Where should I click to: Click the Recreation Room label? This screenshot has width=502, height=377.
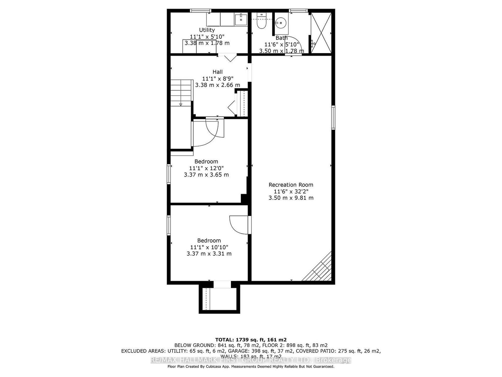291,185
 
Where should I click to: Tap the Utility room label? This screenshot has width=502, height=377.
207,30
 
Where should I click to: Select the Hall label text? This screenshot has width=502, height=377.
217,72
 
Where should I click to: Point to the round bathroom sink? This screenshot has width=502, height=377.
280,23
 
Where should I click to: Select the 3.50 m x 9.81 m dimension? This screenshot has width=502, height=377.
291,198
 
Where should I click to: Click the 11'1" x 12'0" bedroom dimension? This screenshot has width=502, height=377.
206,168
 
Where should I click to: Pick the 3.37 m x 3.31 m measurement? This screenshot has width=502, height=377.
209,254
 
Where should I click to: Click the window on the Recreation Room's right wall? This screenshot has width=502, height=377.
333,118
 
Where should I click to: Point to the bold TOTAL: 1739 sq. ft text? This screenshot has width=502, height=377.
251,340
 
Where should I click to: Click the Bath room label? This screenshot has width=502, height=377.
281,38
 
